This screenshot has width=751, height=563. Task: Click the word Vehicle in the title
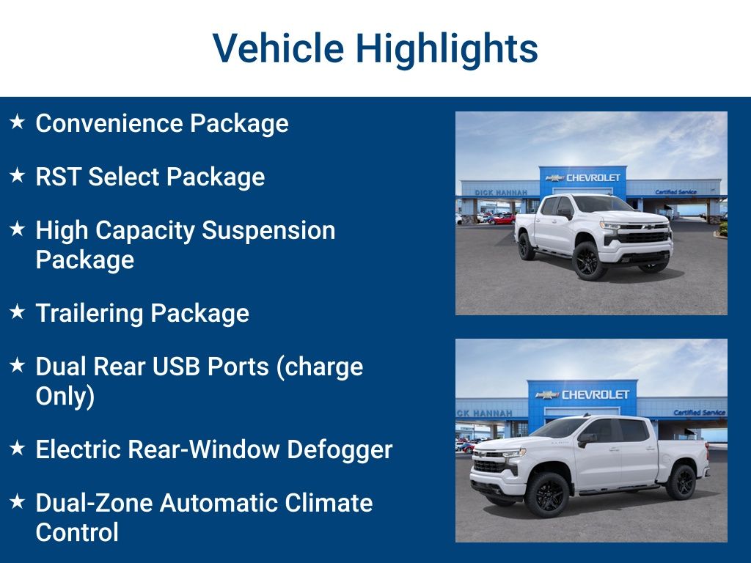tap(278, 48)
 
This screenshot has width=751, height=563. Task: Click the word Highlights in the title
tap(447, 48)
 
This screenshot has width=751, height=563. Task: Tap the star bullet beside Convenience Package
tap(18, 122)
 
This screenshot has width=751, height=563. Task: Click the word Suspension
tap(268, 230)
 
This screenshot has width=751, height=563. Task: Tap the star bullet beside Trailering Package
tap(18, 312)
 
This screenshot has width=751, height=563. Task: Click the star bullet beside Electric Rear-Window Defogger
tap(18, 447)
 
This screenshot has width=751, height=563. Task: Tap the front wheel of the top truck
tap(589, 260)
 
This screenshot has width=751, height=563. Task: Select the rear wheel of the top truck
tap(526, 246)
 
